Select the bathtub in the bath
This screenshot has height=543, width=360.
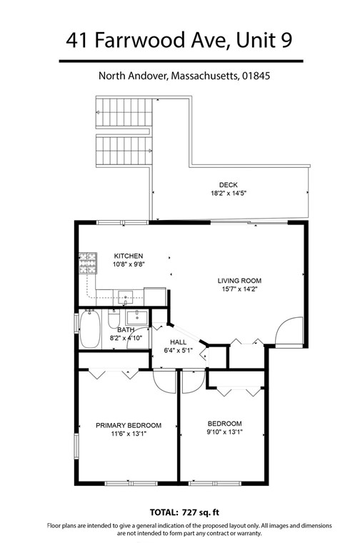click(x=90, y=329)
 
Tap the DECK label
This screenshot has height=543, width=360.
click(x=229, y=184)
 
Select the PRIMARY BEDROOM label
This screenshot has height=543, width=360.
click(x=129, y=425)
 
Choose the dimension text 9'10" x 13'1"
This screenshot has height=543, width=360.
click(x=224, y=433)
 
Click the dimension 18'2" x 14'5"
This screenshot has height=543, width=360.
click(x=229, y=193)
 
